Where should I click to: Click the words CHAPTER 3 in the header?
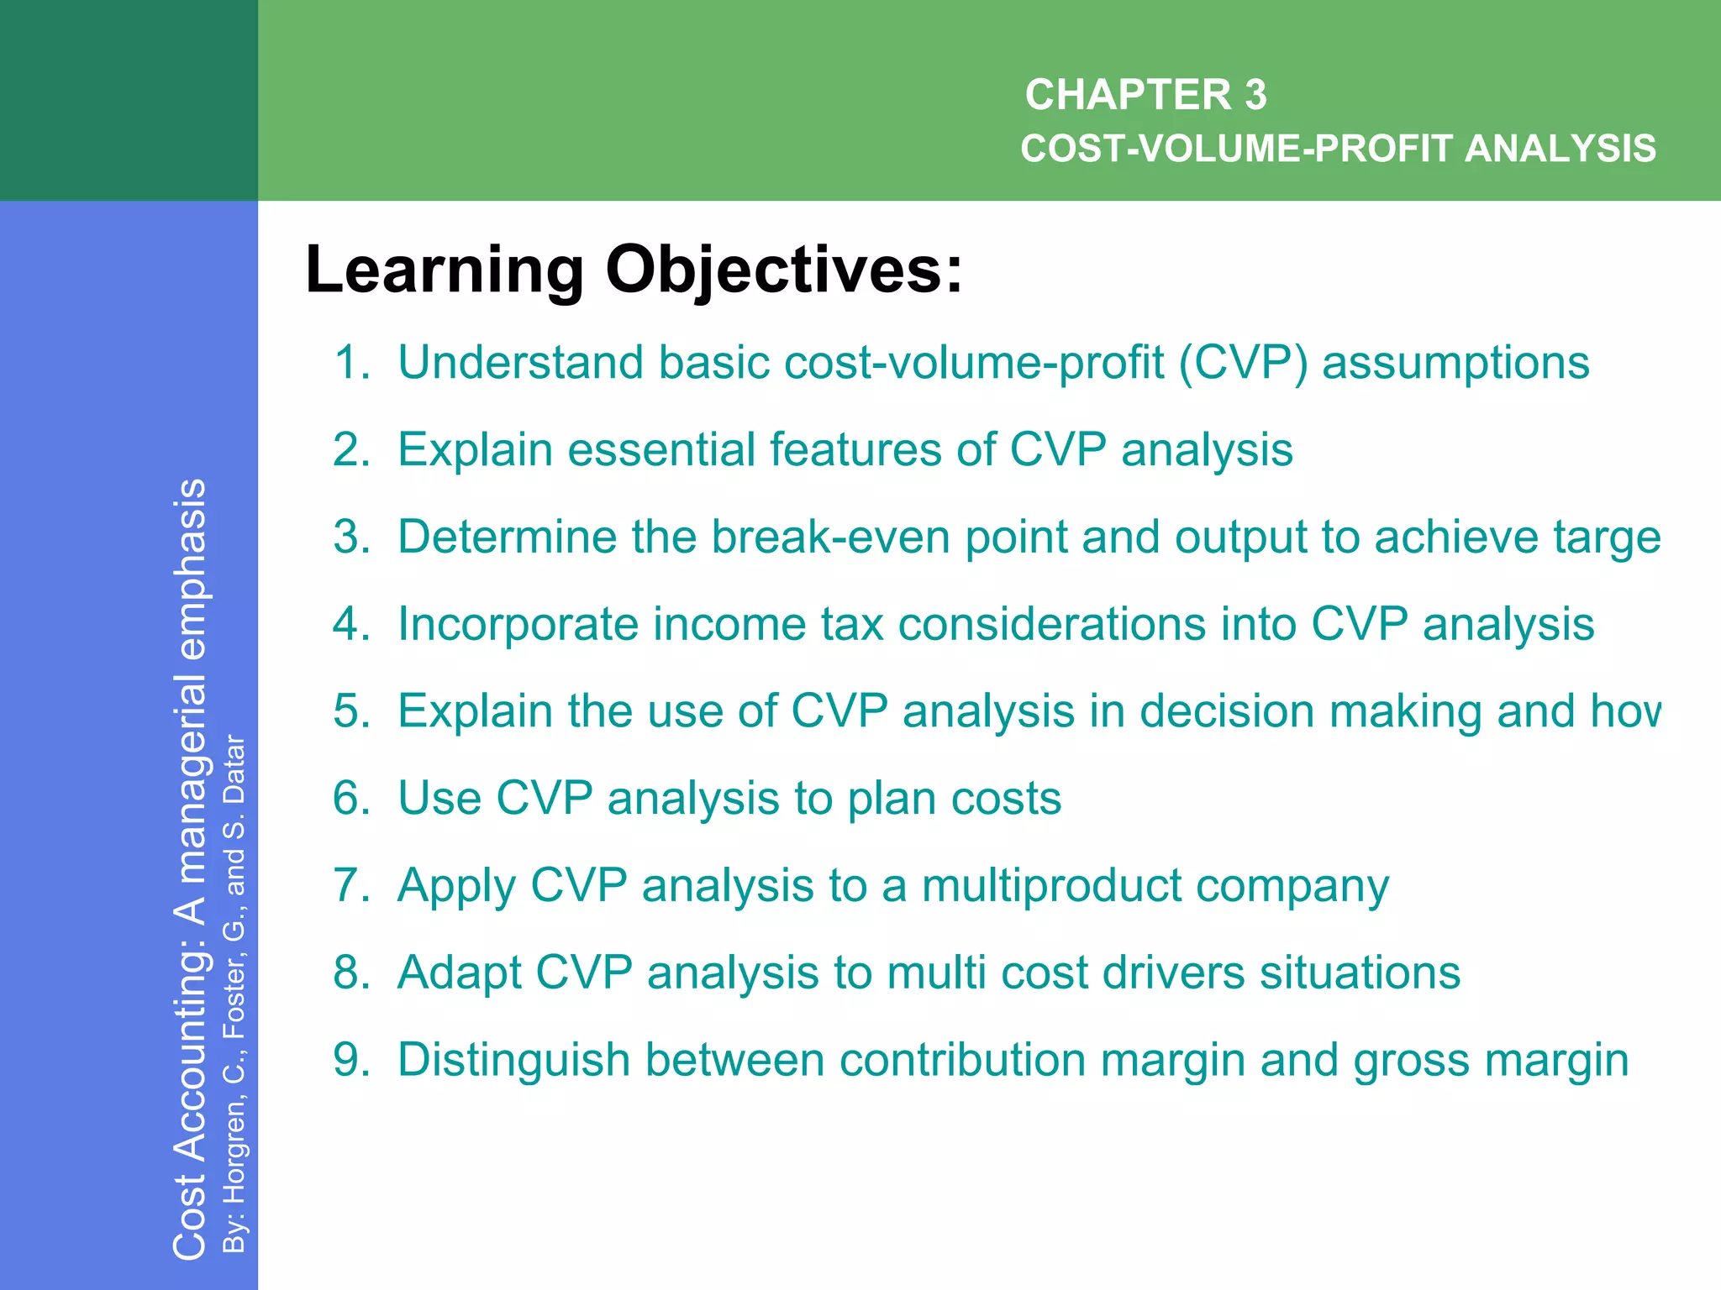point(1145,94)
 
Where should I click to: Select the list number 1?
point(350,363)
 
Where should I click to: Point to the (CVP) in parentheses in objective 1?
point(1242,363)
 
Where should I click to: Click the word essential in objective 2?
point(661,449)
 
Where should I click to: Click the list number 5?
point(350,711)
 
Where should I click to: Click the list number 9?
point(350,1060)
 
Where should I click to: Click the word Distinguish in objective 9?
point(513,1060)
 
